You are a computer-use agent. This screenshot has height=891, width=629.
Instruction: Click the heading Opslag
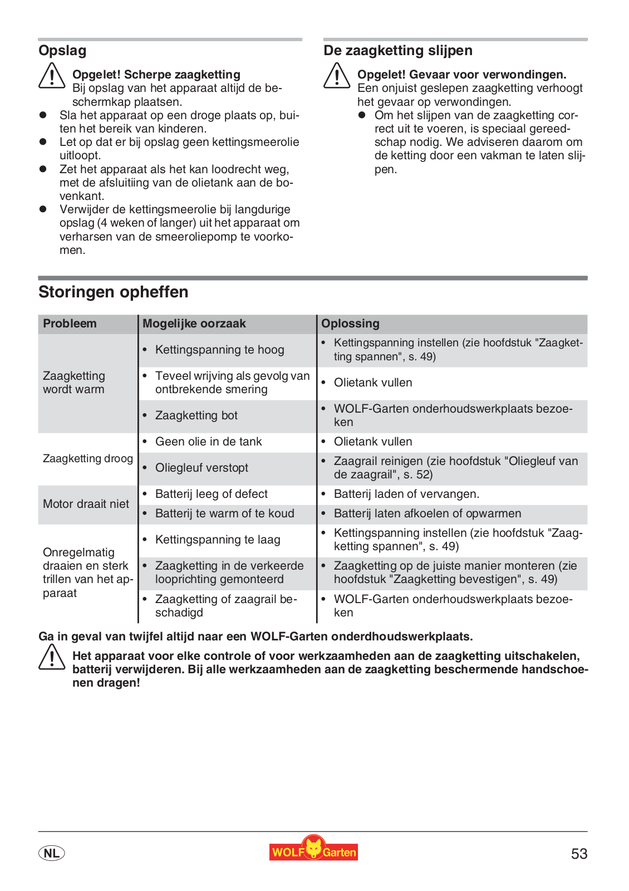[62, 51]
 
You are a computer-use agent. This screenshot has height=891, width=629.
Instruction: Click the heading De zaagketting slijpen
[397, 51]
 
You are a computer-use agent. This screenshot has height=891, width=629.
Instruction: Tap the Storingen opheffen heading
[113, 292]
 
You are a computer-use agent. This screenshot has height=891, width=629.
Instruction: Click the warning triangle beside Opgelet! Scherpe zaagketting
[52, 76]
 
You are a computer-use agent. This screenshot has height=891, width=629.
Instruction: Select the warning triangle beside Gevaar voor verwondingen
[337, 76]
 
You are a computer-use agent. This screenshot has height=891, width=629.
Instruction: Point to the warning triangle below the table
[52, 657]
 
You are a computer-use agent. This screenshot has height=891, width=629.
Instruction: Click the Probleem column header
[70, 324]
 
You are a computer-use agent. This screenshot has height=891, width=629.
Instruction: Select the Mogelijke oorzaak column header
[194, 324]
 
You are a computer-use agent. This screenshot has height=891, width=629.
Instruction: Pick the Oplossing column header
[350, 324]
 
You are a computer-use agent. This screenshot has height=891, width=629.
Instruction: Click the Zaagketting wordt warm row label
[74, 383]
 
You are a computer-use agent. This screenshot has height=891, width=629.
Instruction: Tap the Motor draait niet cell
[86, 504]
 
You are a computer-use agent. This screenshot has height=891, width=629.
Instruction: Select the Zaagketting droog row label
[87, 458]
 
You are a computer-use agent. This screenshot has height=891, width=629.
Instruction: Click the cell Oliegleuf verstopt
[202, 468]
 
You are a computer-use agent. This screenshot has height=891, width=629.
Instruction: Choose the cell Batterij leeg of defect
[211, 494]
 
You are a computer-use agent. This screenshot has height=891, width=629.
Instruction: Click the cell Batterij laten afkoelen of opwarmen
[427, 513]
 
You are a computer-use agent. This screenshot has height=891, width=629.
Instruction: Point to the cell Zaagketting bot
[196, 415]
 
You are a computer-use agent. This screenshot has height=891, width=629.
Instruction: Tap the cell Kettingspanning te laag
[217, 540]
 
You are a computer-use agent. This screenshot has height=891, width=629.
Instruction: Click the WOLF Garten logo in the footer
[313, 850]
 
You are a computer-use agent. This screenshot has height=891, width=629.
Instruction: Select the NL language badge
[52, 853]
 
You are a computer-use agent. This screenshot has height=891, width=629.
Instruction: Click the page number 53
[579, 854]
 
